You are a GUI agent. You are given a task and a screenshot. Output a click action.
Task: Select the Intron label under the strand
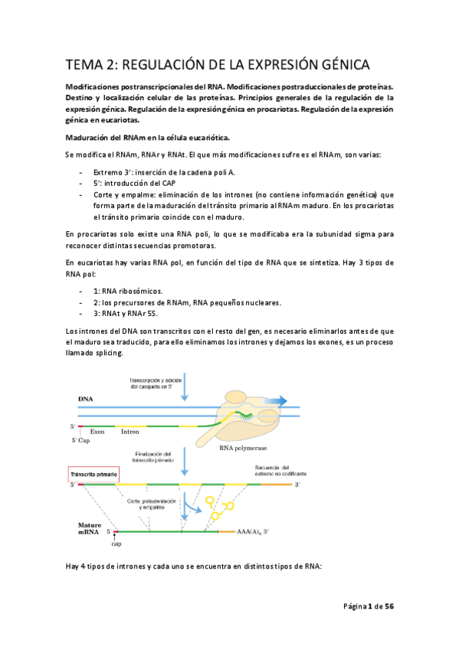[130, 432]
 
